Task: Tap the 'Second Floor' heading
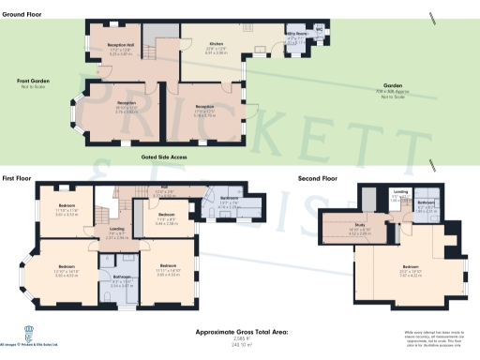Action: pyautogui.click(x=317, y=176)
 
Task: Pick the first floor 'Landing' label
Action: pyautogui.click(x=116, y=229)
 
